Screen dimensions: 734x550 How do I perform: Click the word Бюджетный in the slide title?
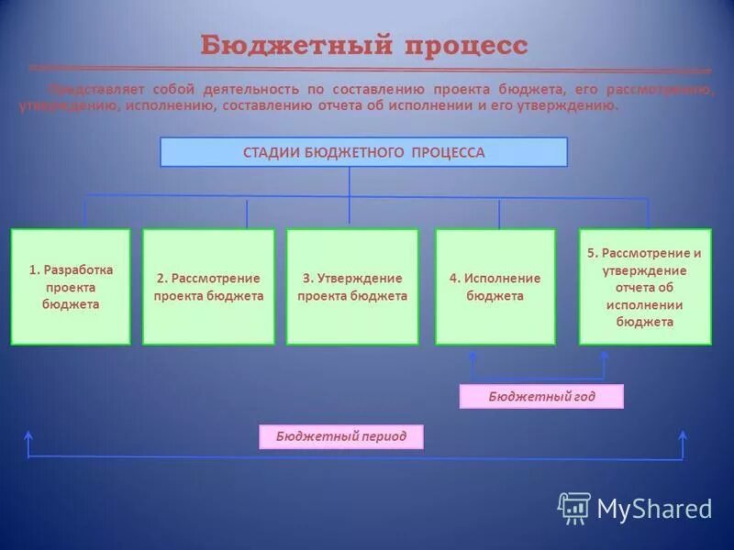pyautogui.click(x=285, y=45)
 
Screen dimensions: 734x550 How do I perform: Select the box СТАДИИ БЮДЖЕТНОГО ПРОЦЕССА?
pyautogui.click(x=363, y=152)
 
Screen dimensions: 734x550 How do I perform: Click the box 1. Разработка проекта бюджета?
pyautogui.click(x=71, y=287)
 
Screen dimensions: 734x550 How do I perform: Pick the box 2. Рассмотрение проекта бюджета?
pyautogui.click(x=208, y=287)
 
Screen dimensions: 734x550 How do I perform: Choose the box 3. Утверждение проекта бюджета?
pyautogui.click(x=352, y=287)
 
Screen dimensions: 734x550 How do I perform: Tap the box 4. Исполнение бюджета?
pyautogui.click(x=495, y=287)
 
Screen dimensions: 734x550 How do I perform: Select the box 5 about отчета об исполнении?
pyautogui.click(x=645, y=287)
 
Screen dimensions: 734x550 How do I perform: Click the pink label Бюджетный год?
pyautogui.click(x=541, y=396)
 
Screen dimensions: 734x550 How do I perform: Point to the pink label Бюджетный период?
pyautogui.click(x=341, y=437)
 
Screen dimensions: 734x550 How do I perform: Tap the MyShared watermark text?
pyautogui.click(x=654, y=508)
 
